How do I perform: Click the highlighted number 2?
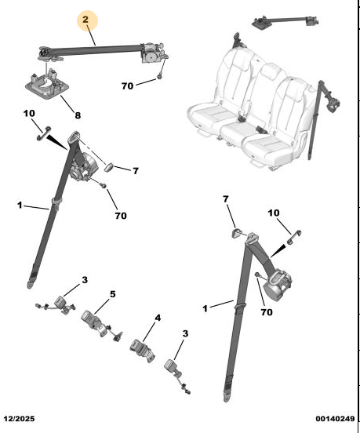pyautogui.click(x=85, y=20)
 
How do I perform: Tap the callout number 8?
pyautogui.click(x=78, y=115)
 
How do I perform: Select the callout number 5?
pyautogui.click(x=113, y=294)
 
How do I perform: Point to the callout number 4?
pyautogui.click(x=158, y=318)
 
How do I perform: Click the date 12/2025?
pyautogui.click(x=19, y=419)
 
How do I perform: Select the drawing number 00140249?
pyautogui.click(x=335, y=419)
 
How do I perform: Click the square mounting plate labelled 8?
pyautogui.click(x=47, y=84)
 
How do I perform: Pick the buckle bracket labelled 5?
pyautogui.click(x=94, y=322)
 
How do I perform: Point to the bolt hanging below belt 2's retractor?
pyautogui.click(x=159, y=77)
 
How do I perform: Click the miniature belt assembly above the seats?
pyautogui.click(x=285, y=21)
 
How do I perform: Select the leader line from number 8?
pyautogui.click(x=67, y=104)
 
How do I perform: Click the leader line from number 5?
pyautogui.click(x=102, y=306)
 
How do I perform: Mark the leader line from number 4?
pyautogui.click(x=149, y=331)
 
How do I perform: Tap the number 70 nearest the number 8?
pyautogui.click(x=127, y=86)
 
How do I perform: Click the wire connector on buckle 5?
pyautogui.click(x=117, y=337)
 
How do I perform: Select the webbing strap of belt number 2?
pyautogui.click(x=95, y=50)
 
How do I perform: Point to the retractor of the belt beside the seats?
pyautogui.click(x=333, y=104)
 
